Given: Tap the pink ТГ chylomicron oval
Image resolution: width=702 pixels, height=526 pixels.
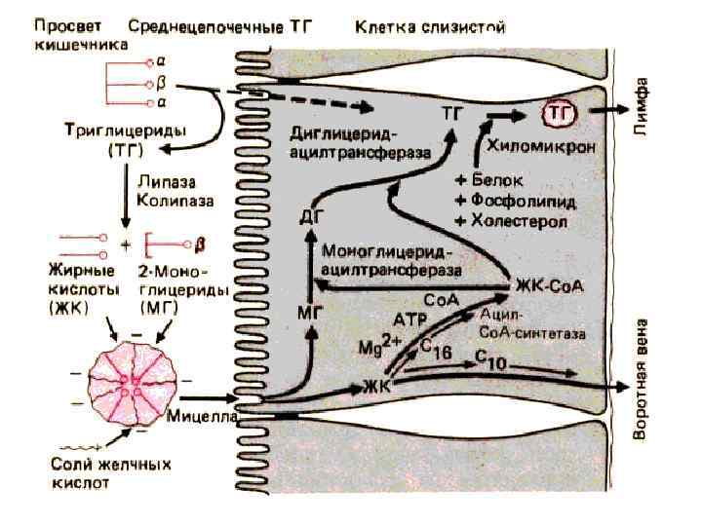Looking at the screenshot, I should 559,115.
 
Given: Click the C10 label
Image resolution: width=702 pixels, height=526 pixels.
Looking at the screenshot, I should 490,361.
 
